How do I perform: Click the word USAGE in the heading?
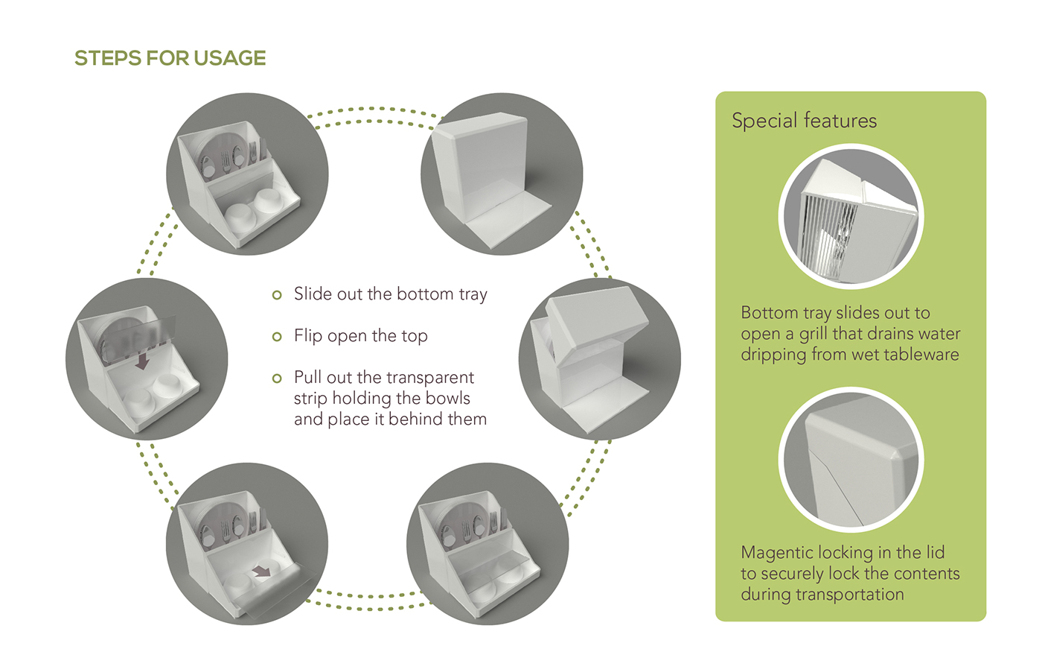tap(230, 58)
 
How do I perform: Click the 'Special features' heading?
tap(805, 121)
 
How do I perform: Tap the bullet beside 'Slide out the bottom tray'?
tap(277, 295)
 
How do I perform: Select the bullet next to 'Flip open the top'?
tap(277, 336)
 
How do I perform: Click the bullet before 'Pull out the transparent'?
tap(277, 379)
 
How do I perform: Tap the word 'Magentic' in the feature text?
tap(777, 553)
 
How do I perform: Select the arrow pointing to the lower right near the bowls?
tap(262, 572)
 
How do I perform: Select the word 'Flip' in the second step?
tap(307, 336)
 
